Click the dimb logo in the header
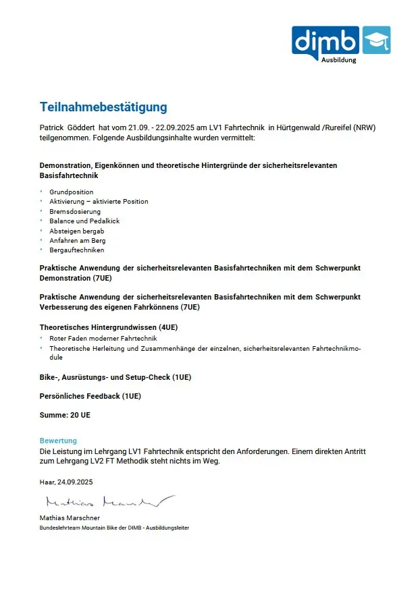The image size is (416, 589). click(x=326, y=41)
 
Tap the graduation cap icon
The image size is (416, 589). click(x=376, y=40)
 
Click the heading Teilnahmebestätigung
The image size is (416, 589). click(x=103, y=107)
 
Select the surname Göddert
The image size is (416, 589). click(x=80, y=128)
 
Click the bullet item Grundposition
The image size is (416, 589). click(x=72, y=192)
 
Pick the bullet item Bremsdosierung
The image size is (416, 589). click(x=75, y=211)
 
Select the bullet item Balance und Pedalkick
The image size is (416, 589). click(x=84, y=221)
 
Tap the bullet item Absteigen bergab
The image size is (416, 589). click(x=76, y=231)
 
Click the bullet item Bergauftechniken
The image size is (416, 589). click(x=76, y=250)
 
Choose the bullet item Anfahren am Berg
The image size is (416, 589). click(x=77, y=240)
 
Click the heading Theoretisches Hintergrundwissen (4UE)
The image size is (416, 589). click(x=109, y=327)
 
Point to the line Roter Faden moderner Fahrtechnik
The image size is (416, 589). click(x=103, y=338)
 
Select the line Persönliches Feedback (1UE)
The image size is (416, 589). click(x=90, y=396)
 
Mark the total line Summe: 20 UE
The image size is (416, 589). click(x=65, y=415)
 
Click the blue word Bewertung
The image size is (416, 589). click(x=58, y=441)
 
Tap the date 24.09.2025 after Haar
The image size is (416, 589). click(x=75, y=482)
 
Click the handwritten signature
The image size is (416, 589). click(x=108, y=501)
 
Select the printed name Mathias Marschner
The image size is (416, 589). click(x=70, y=518)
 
